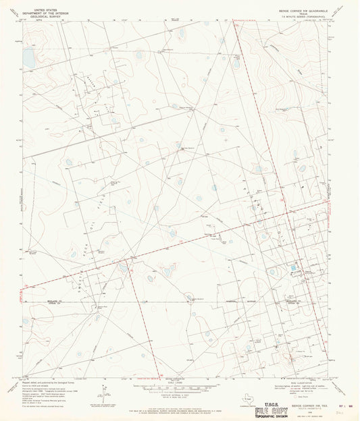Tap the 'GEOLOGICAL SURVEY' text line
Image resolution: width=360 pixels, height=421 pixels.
[41, 13]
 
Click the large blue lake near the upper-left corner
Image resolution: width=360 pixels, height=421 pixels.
[28, 59]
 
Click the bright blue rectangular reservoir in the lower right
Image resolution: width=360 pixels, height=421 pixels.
[292, 269]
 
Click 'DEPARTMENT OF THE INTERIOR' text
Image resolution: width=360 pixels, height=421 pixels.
[41, 9]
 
